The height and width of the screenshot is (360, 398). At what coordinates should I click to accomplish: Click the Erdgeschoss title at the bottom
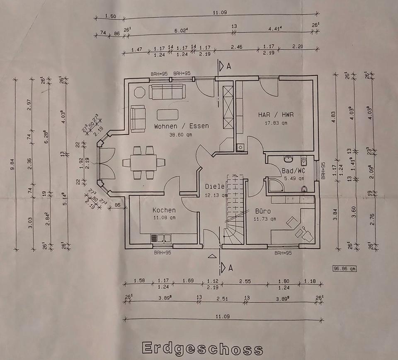click(x=202, y=348)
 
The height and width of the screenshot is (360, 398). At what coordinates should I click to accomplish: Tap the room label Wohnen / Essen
click(x=181, y=126)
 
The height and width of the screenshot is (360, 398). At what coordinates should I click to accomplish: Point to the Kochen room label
click(x=164, y=210)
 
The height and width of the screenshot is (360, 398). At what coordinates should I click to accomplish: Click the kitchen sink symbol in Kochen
click(x=161, y=238)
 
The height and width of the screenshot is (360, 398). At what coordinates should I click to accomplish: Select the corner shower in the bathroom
click(x=275, y=185)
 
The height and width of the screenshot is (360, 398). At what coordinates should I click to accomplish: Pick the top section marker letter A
click(x=229, y=66)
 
